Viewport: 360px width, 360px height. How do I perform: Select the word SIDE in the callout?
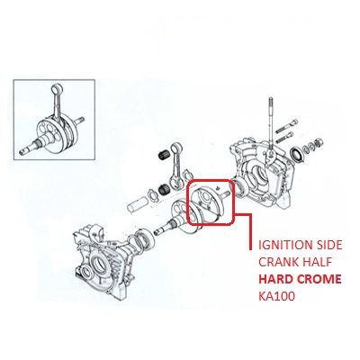click(x=328, y=246)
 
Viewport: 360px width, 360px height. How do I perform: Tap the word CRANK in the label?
click(x=276, y=262)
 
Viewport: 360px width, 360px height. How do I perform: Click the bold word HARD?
click(x=276, y=279)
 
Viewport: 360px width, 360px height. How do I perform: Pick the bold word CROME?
click(x=319, y=279)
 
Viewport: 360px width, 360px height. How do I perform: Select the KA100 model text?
click(x=276, y=296)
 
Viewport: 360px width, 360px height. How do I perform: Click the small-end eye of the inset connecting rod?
click(x=57, y=89)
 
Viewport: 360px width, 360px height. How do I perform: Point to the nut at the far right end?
click(x=319, y=141)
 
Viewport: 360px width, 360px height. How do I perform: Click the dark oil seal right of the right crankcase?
click(x=297, y=154)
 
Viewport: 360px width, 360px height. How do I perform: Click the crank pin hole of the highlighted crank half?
click(x=206, y=196)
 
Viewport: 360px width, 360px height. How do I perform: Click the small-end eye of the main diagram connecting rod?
click(x=175, y=148)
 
